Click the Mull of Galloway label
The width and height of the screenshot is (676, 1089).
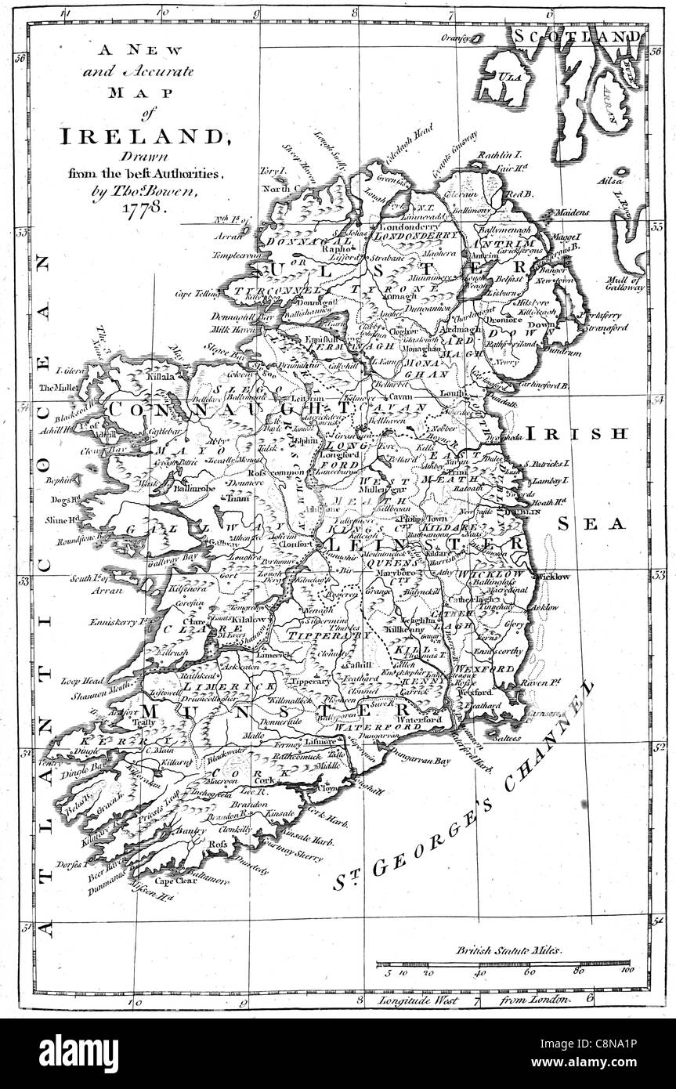625,284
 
